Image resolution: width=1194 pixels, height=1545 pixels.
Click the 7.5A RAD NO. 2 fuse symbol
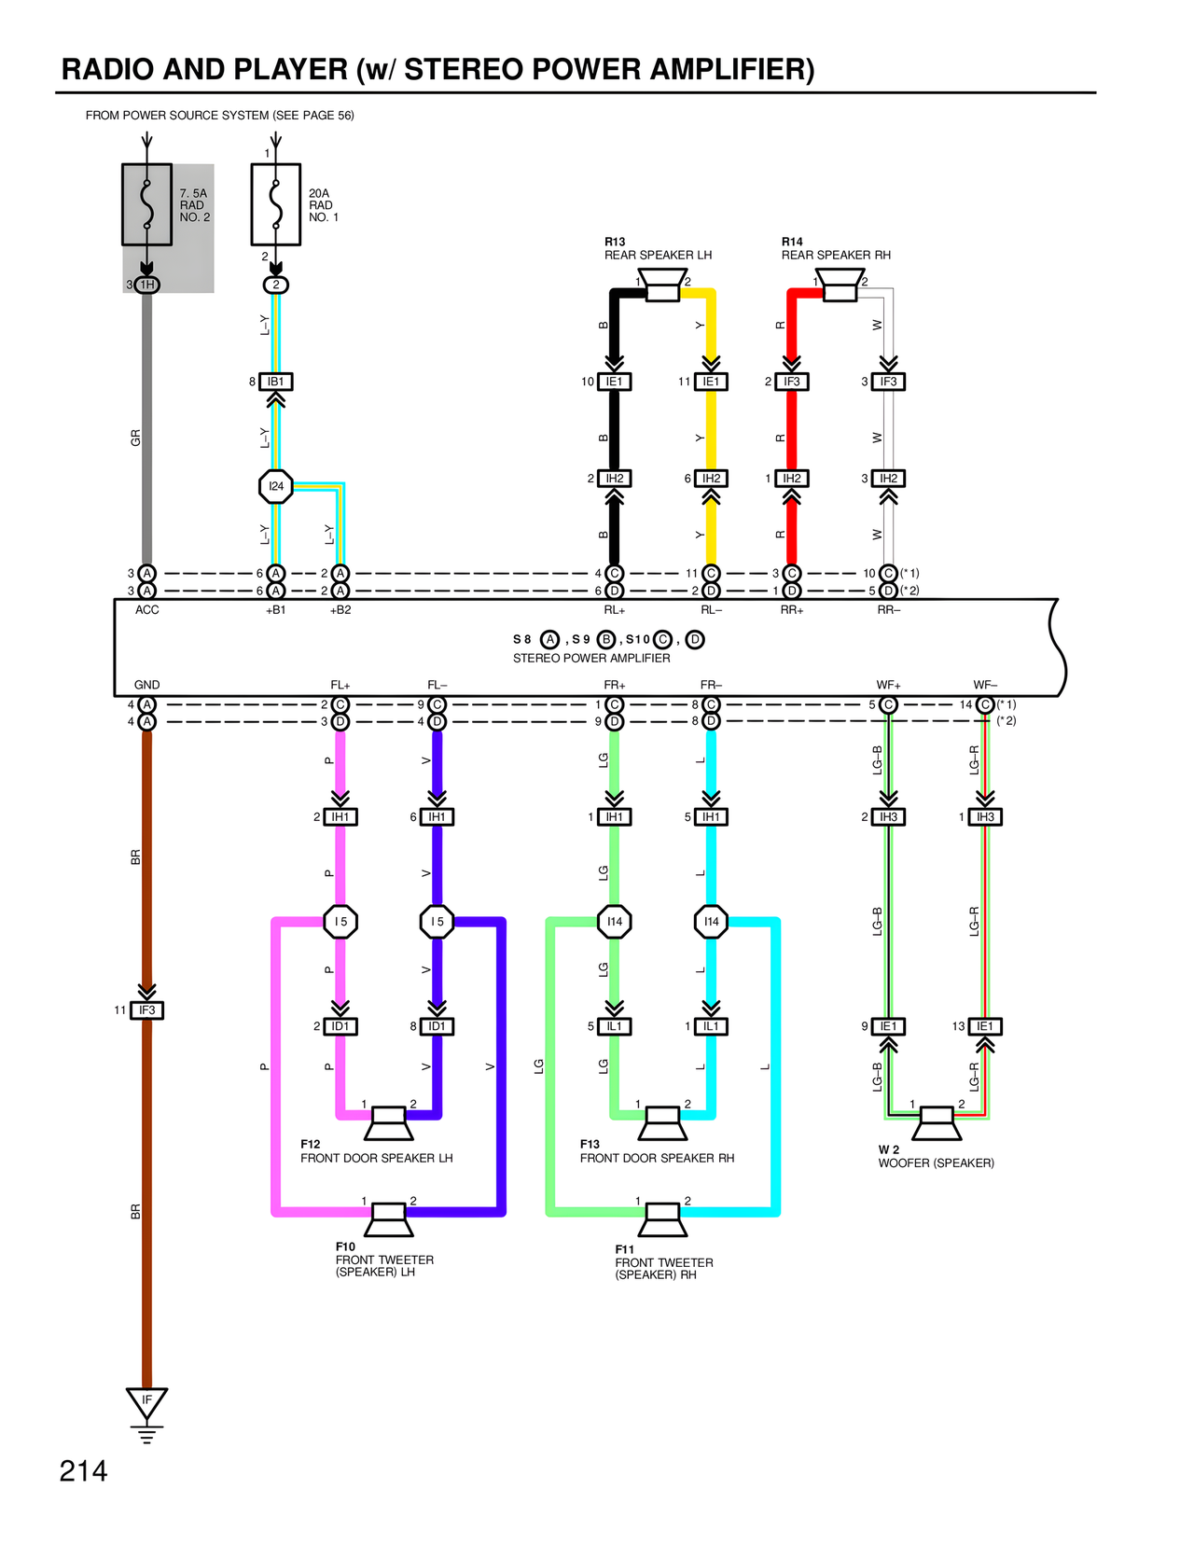tap(146, 204)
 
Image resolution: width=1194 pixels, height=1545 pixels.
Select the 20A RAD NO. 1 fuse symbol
tap(275, 204)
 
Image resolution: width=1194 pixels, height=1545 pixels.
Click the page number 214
tap(83, 1471)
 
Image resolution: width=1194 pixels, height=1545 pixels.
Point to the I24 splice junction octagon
tap(276, 486)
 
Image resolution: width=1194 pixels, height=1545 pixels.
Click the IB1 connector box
tap(276, 382)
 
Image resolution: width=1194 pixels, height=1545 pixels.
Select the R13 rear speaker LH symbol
tap(662, 285)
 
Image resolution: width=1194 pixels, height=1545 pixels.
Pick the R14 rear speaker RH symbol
tap(840, 285)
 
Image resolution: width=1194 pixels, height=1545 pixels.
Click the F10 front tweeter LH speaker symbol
tap(387, 1218)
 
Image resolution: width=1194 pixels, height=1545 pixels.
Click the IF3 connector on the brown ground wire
tap(146, 1010)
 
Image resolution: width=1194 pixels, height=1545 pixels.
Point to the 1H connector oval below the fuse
tap(146, 285)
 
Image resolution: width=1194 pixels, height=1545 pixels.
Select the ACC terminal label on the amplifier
tap(146, 610)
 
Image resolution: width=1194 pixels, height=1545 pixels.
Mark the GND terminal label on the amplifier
tap(146, 685)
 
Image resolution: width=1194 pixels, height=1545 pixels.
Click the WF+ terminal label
tap(888, 685)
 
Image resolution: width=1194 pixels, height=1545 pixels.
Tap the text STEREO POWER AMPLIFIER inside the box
tap(591, 659)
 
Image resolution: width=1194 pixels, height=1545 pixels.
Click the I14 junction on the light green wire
tap(615, 922)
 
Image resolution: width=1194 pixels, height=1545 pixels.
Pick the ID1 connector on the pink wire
tap(340, 1026)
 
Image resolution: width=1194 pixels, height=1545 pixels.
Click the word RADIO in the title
tap(111, 70)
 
